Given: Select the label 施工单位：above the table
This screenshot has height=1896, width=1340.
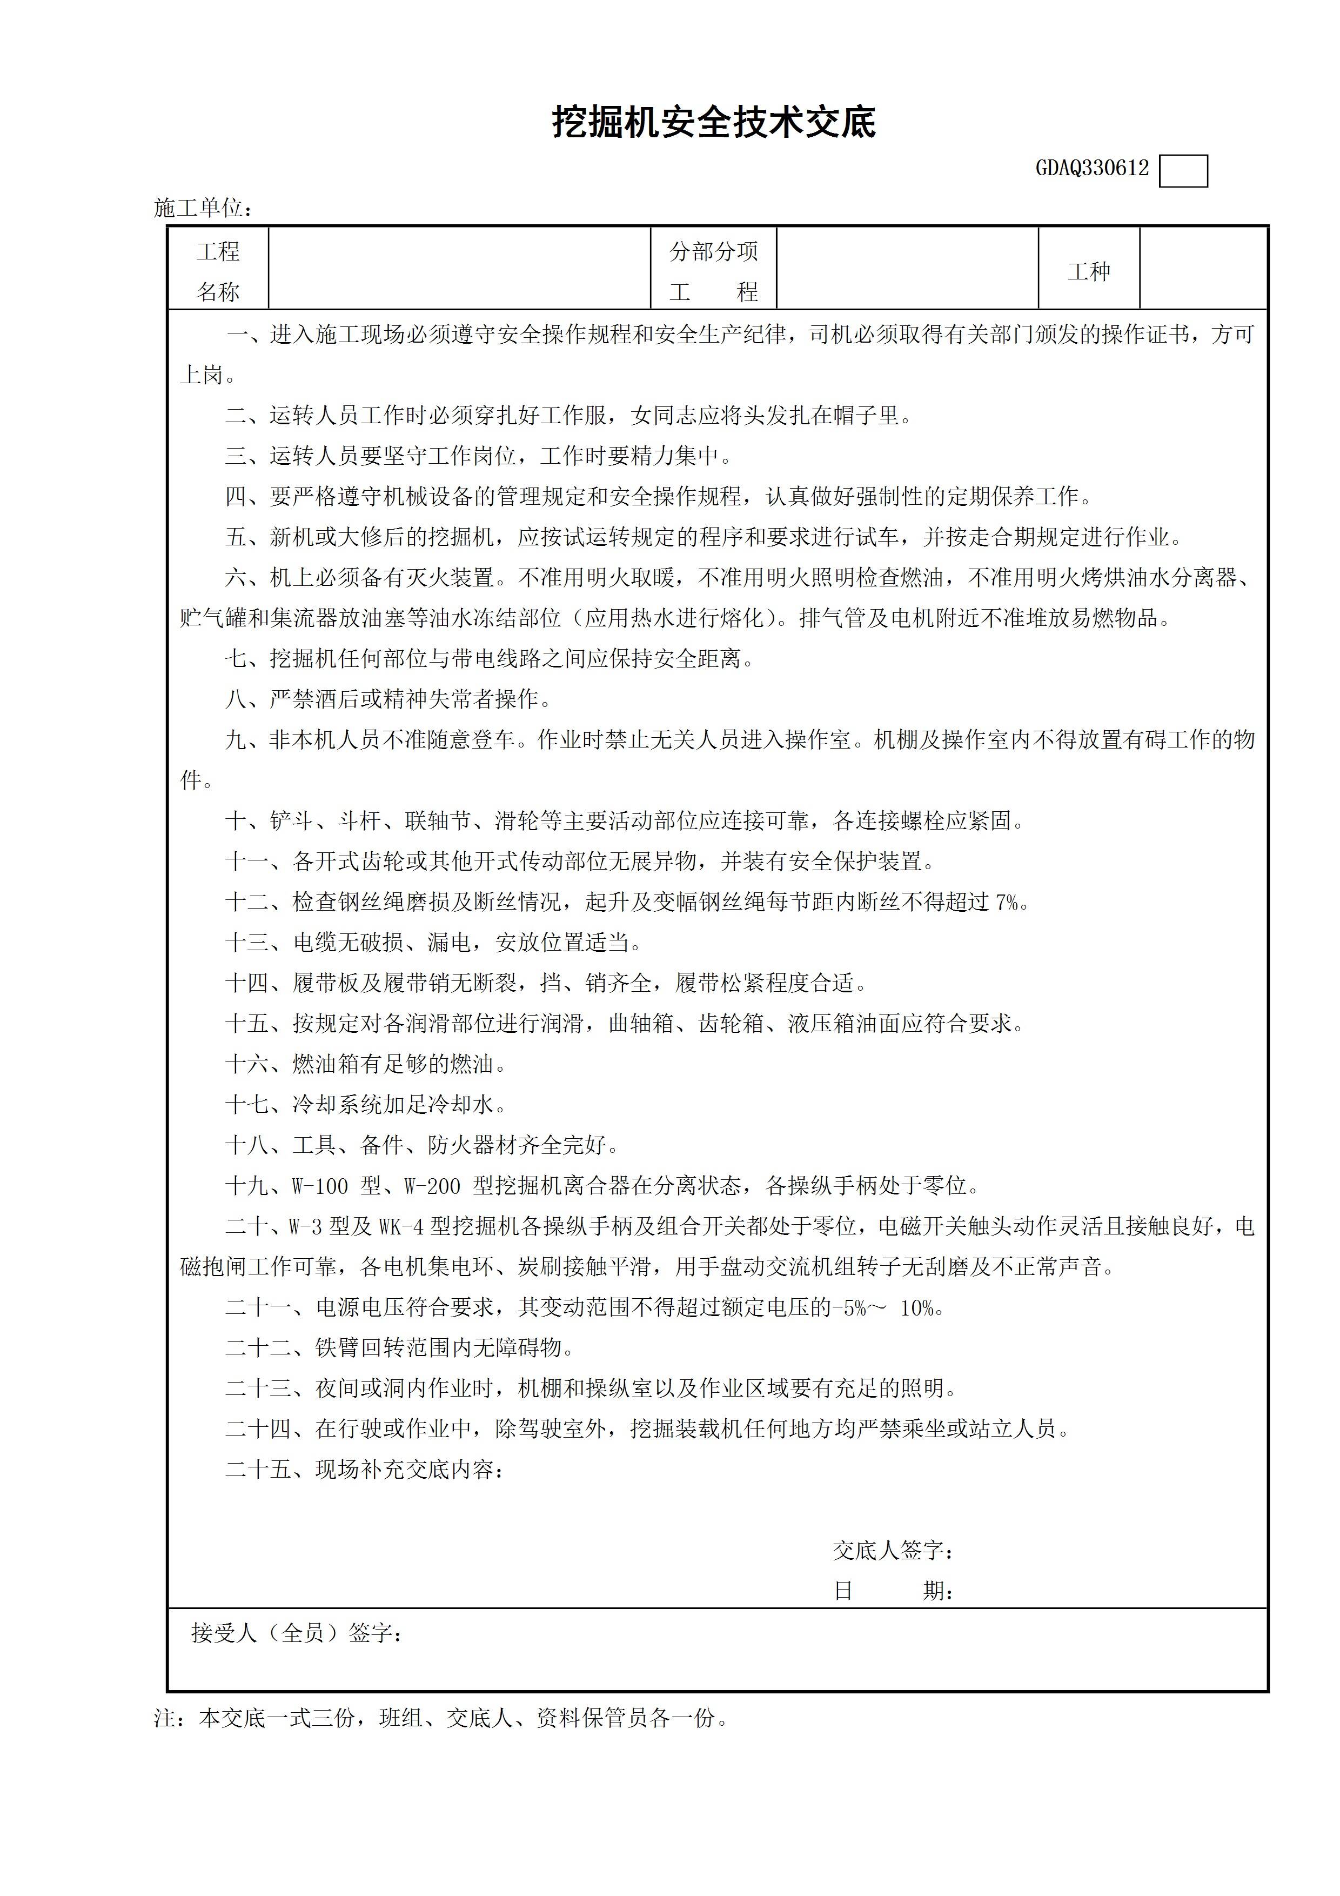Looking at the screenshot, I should click(x=203, y=208).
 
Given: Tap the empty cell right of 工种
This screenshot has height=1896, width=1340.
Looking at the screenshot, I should click(x=1202, y=269).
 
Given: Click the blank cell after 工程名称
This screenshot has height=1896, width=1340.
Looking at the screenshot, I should click(x=459, y=269).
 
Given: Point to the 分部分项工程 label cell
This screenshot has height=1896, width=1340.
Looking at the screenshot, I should click(x=713, y=271).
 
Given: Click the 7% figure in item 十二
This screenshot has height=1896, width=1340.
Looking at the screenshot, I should click(x=1007, y=903).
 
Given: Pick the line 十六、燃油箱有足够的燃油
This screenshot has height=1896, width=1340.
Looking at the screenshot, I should click(x=366, y=1064).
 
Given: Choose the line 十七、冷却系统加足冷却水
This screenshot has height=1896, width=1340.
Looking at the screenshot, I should click(x=366, y=1105).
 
